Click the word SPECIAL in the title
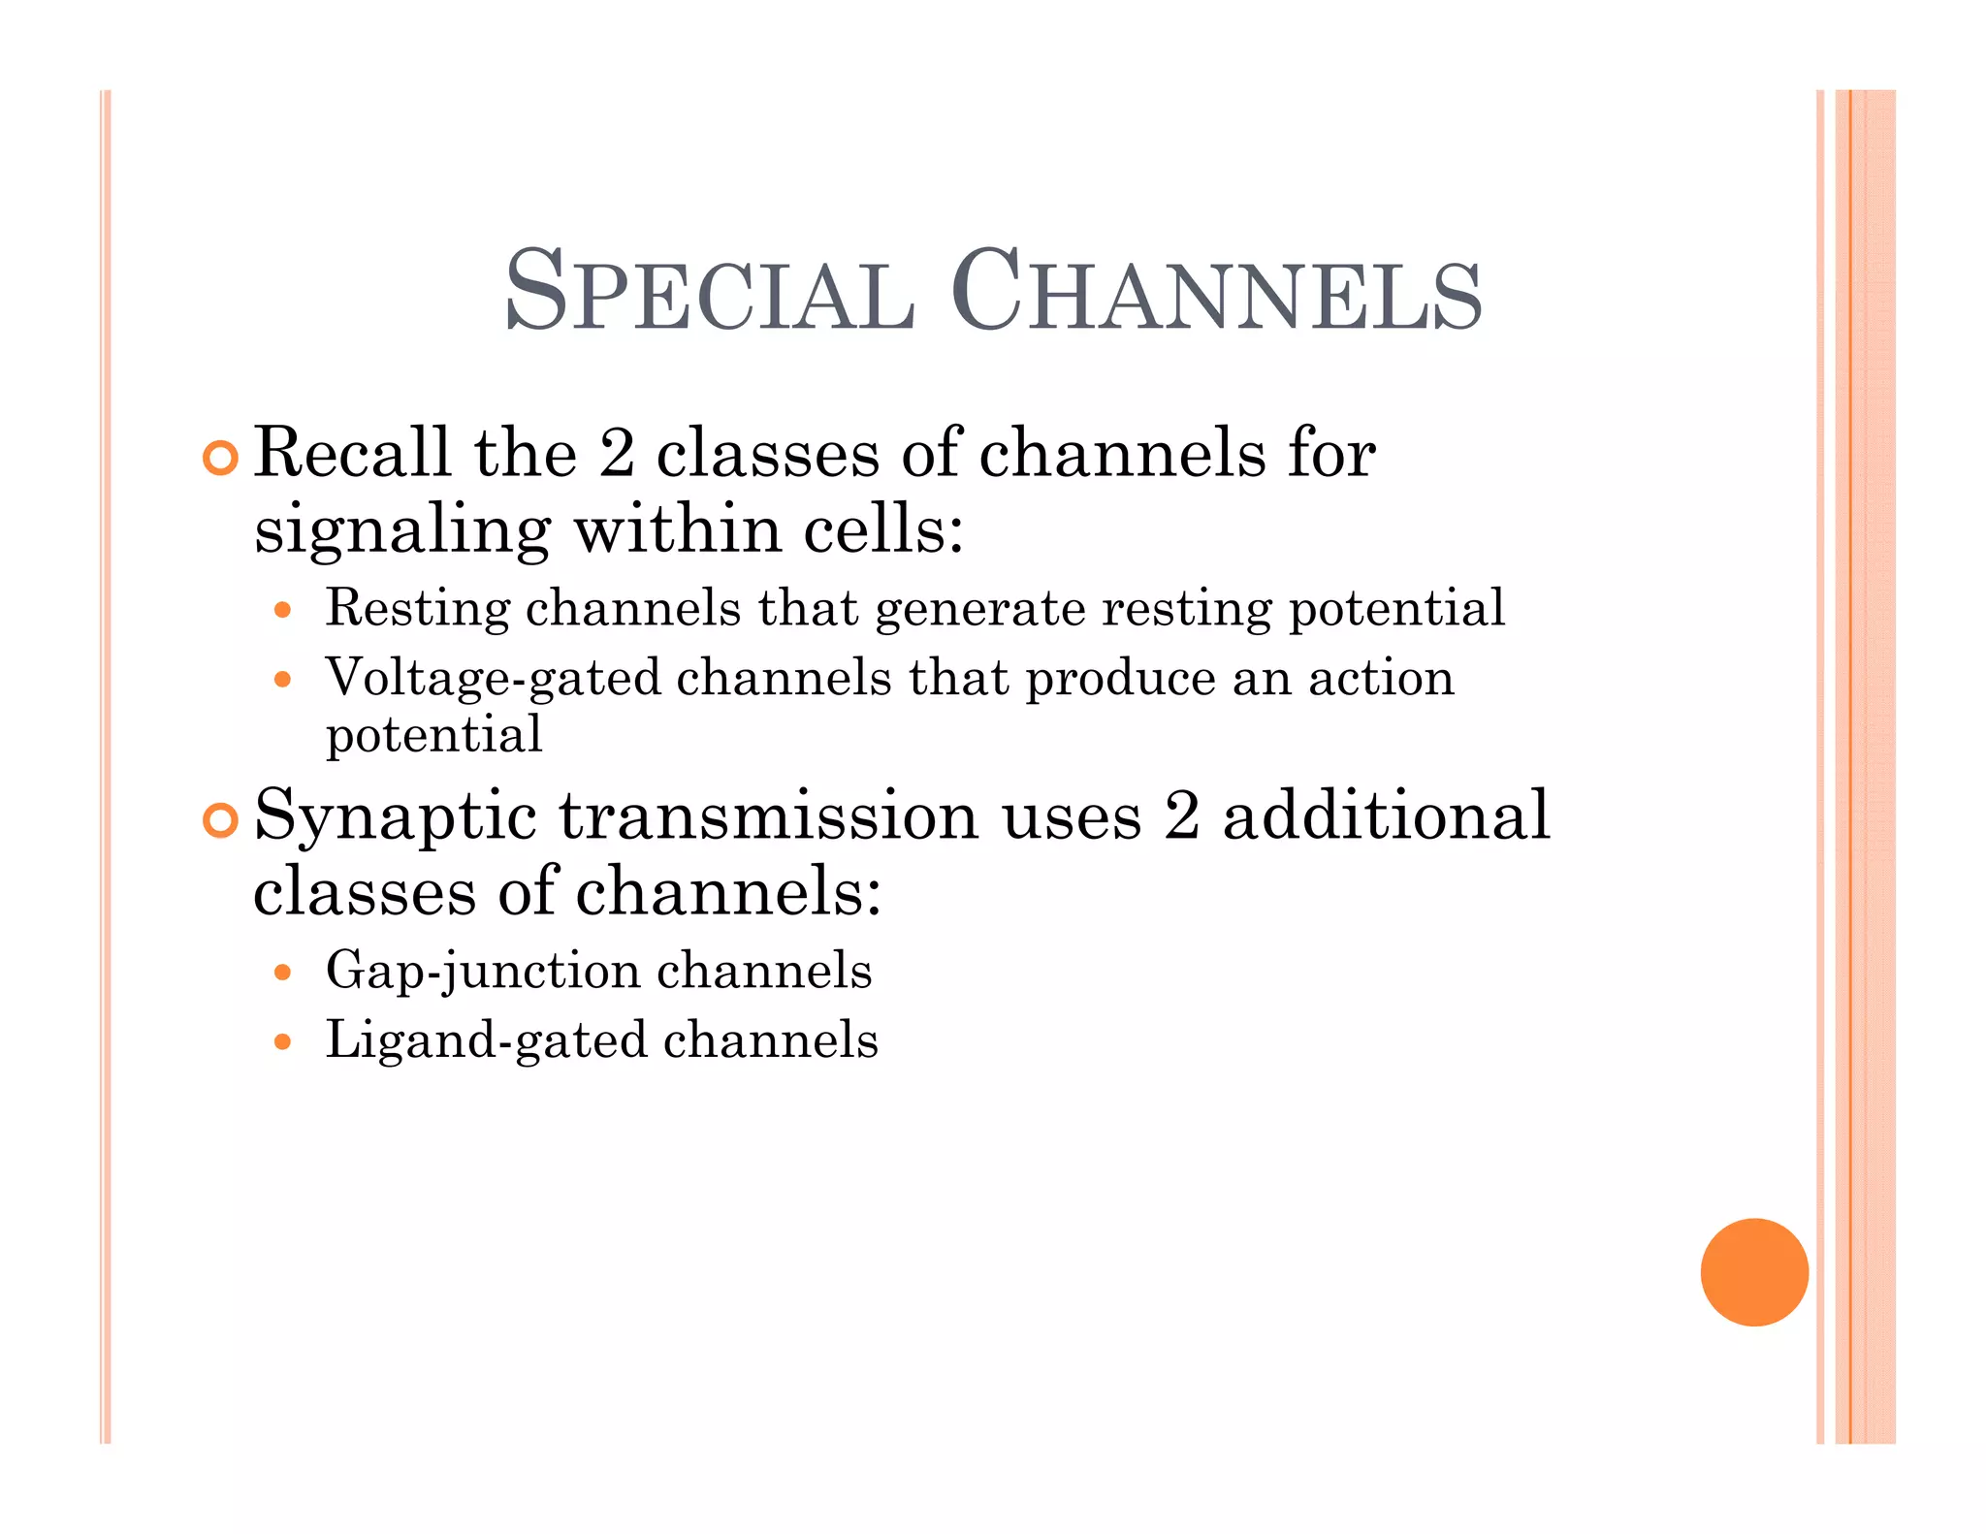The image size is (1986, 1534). click(x=709, y=292)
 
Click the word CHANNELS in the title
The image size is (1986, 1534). click(x=1216, y=292)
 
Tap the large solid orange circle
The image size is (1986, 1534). click(x=1753, y=1271)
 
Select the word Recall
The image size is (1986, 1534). click(x=352, y=453)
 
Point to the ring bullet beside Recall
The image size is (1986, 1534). click(x=221, y=458)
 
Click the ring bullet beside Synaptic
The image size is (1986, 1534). click(x=221, y=820)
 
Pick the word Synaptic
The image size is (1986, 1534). click(x=395, y=816)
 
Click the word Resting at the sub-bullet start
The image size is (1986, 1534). click(x=417, y=610)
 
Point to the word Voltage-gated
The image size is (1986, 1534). click(x=493, y=679)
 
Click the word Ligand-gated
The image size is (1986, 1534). click(x=486, y=1040)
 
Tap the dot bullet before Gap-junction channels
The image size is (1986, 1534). click(x=282, y=972)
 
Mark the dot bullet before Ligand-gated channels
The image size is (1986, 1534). click(x=282, y=1041)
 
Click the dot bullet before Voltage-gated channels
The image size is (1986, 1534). click(x=282, y=679)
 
